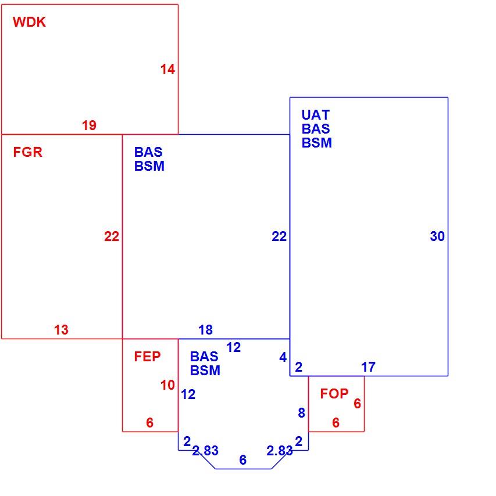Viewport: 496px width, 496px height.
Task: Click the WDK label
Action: click(x=29, y=22)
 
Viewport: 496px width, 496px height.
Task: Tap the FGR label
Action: click(x=27, y=152)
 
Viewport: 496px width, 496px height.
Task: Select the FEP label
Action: click(x=147, y=357)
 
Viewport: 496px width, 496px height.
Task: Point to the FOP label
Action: click(x=334, y=394)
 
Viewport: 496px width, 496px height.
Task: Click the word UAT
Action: click(x=316, y=115)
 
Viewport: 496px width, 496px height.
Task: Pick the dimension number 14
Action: click(x=167, y=69)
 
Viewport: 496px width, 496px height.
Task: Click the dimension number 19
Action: click(x=89, y=125)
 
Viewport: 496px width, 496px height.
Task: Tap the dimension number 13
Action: click(x=61, y=330)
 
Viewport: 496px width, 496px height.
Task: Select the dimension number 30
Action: click(x=437, y=236)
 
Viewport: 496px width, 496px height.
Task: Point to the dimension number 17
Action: click(x=368, y=367)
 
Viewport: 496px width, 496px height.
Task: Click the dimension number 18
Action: click(x=206, y=330)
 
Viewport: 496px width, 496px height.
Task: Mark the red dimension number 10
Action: click(x=167, y=385)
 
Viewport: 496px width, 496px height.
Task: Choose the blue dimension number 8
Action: click(x=302, y=412)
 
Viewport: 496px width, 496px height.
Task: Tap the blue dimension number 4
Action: click(x=283, y=357)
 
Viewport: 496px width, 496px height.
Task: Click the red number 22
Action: click(x=112, y=236)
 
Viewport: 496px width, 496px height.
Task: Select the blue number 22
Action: click(x=279, y=236)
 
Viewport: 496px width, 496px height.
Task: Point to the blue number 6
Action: click(x=243, y=460)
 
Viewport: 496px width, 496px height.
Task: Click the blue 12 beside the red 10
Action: click(x=188, y=394)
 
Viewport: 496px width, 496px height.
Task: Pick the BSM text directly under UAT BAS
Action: click(x=317, y=143)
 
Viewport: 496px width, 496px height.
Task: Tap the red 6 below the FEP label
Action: click(x=150, y=423)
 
